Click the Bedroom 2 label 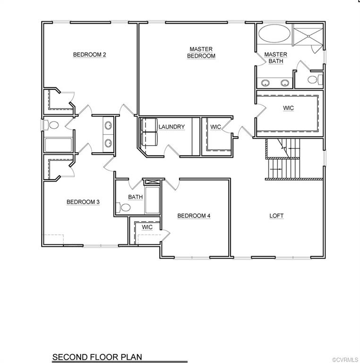[x=89, y=55]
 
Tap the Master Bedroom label [x=201, y=52]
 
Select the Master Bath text [x=275, y=58]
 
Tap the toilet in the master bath [x=315, y=79]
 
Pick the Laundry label [x=171, y=127]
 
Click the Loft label [x=276, y=216]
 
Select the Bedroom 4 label [x=194, y=216]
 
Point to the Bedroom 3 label [x=83, y=202]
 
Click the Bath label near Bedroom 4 [x=136, y=197]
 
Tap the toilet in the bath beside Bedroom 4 [x=125, y=207]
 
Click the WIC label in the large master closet [x=288, y=108]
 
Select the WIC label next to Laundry [x=215, y=127]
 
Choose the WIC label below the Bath [x=147, y=227]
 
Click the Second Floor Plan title [x=97, y=357]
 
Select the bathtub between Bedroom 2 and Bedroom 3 [x=58, y=145]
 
